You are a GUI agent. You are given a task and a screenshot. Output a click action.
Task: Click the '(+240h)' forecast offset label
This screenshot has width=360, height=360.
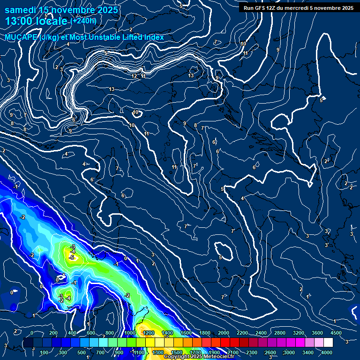[x=83, y=21]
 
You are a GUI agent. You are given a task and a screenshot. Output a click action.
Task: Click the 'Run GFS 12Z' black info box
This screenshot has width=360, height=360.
[x=298, y=7]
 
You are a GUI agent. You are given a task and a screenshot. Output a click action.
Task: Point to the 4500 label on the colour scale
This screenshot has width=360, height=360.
[x=336, y=333]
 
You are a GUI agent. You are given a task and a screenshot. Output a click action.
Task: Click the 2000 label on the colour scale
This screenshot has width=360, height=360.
[x=224, y=333]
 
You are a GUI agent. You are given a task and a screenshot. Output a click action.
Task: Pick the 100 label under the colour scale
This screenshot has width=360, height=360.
[x=45, y=352]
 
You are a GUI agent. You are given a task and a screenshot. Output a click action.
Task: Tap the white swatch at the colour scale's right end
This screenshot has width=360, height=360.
[x=328, y=343]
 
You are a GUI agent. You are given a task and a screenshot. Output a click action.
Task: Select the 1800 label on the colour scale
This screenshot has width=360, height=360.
[x=205, y=333]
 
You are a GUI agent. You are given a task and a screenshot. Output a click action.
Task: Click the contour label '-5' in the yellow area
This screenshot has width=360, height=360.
[x=72, y=257]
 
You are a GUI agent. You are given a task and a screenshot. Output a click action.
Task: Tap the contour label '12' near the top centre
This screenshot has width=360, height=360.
[x=135, y=76]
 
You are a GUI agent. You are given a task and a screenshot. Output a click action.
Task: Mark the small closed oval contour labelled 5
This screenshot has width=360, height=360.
[x=224, y=252]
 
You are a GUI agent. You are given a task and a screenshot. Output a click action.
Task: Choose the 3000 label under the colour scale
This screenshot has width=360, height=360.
[x=289, y=352]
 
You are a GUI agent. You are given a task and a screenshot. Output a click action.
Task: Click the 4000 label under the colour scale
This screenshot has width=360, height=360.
[x=327, y=352]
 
